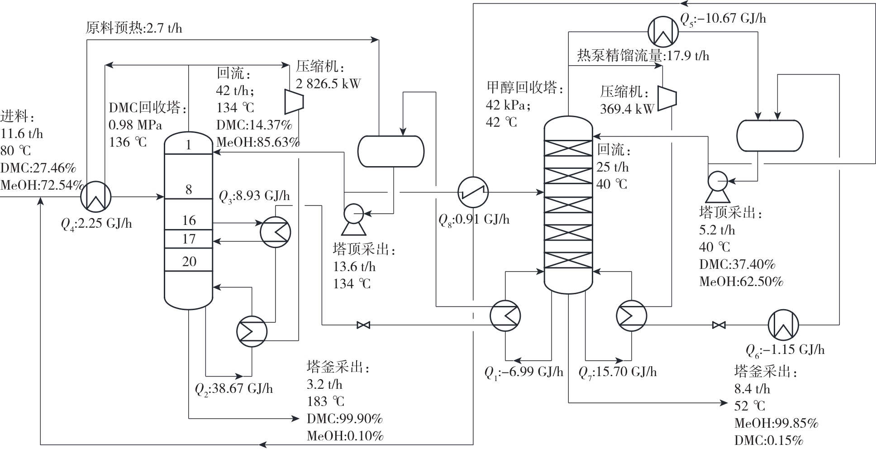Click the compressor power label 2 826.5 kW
click(328, 84)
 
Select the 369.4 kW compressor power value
click(627, 109)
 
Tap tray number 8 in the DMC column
click(189, 189)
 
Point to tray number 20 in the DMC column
click(189, 262)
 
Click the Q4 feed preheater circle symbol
click(96, 196)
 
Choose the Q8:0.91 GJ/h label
click(474, 220)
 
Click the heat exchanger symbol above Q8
click(473, 192)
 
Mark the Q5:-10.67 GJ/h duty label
click(723, 19)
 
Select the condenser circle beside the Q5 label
click(663, 32)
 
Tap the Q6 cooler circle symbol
click(783, 325)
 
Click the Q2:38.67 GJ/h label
click(233, 389)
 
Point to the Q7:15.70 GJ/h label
click(618, 372)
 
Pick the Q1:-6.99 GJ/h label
click(524, 372)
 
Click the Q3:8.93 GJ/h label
click(254, 196)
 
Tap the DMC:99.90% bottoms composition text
click(345, 419)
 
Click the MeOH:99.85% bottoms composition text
click(776, 423)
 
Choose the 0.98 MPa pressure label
click(135, 125)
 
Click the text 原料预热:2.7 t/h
click(134, 29)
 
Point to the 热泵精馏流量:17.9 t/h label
click(643, 56)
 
